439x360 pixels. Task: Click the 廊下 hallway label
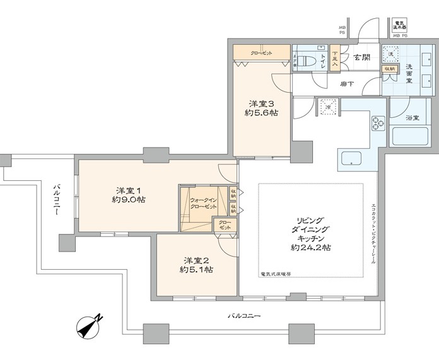346,83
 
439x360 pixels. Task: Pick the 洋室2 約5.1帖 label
198,265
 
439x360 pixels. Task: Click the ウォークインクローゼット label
203,204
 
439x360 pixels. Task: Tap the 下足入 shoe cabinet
335,60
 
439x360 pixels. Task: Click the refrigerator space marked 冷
327,107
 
